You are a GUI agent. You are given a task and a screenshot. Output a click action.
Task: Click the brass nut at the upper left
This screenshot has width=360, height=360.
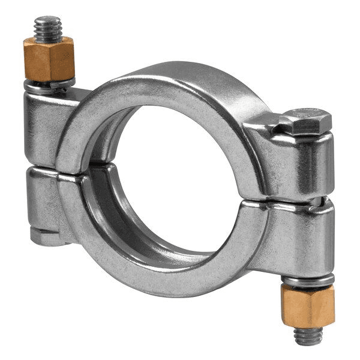(49, 58)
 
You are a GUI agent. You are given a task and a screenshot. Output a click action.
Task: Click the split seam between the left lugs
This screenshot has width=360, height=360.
(42, 168)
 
